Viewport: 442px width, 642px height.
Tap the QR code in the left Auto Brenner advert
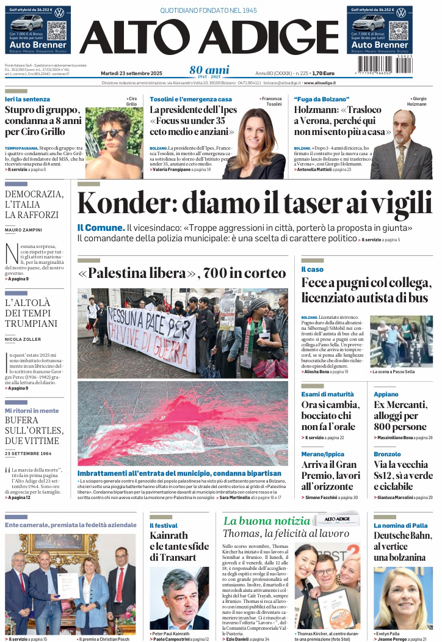56,31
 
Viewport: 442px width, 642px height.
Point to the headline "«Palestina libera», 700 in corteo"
182,273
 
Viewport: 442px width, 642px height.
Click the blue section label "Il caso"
312,269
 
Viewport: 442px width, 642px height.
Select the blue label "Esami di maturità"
327,394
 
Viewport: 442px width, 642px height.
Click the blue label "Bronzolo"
387,454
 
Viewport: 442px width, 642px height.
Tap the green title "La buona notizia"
267,520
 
